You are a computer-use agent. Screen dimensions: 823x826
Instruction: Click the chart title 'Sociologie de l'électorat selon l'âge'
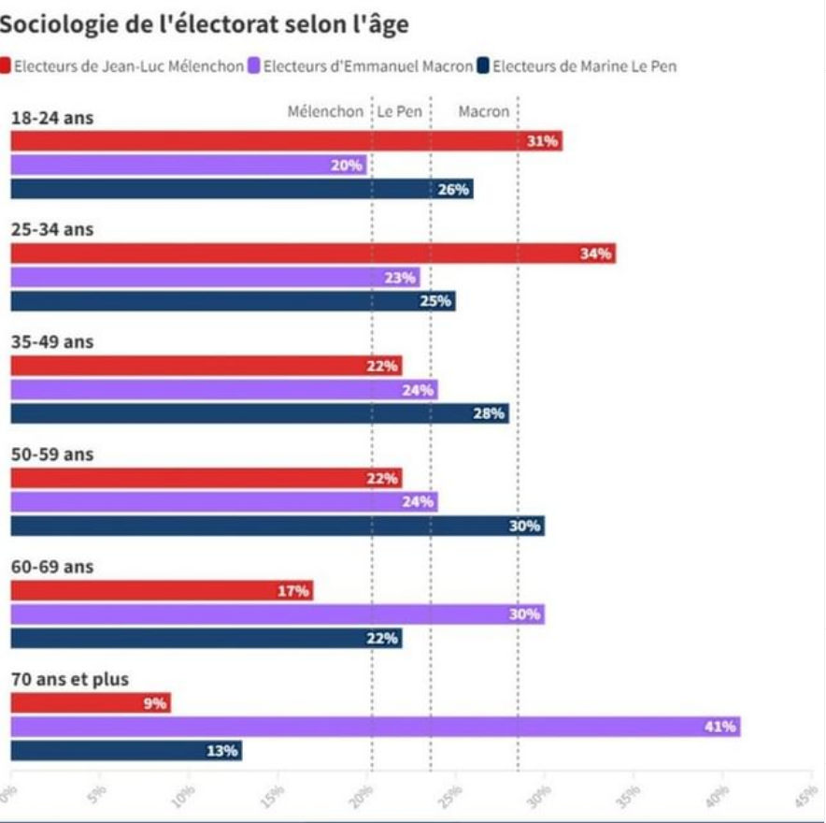pos(205,24)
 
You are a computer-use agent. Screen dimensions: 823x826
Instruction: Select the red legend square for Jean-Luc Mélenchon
pos(5,66)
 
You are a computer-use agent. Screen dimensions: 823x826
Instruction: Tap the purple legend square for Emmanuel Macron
pos(254,66)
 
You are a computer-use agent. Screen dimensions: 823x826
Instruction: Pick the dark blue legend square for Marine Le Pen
pos(483,66)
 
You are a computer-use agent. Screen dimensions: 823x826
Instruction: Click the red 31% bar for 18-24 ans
pos(286,141)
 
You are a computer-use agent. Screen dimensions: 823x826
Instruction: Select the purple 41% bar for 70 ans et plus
pos(375,727)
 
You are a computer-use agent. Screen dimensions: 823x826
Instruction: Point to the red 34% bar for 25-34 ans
pos(313,253)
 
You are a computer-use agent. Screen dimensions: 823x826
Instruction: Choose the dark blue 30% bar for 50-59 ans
pos(278,526)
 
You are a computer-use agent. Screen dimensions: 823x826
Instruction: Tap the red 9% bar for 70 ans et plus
pos(91,703)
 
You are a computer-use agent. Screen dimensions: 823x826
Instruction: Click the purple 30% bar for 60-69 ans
pos(278,614)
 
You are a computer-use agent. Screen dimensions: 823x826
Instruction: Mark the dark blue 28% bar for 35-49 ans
pos(260,412)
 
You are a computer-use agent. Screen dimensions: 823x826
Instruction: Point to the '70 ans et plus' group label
pos(69,679)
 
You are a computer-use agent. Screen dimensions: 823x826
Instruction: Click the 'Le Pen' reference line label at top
pos(399,111)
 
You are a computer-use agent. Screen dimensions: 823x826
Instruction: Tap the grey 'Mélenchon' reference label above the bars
pos(325,111)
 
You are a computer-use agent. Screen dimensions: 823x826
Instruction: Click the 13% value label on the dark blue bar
pos(222,750)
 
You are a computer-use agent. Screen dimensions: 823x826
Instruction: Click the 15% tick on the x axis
pos(274,794)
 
